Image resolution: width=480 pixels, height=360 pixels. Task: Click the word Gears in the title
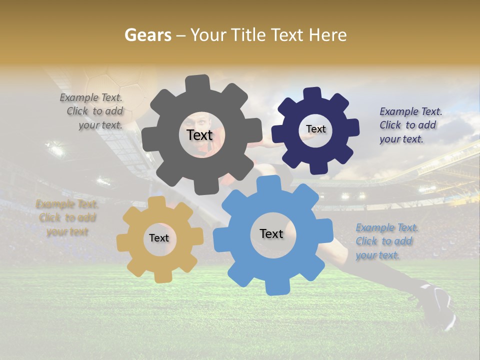[x=147, y=35]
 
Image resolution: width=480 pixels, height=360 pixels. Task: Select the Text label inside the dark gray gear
[x=199, y=135]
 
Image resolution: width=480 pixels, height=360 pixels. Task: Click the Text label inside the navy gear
[x=315, y=129]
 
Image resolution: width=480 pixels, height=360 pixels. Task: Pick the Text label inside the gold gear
[x=158, y=238]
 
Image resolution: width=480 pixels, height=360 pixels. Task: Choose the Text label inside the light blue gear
[x=271, y=233]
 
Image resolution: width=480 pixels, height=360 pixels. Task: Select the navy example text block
[x=410, y=125]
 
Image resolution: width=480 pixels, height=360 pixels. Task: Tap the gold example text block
[x=67, y=218]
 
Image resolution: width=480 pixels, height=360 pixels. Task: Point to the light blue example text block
[x=386, y=241]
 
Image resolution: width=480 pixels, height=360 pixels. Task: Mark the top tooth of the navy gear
[x=313, y=94]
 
